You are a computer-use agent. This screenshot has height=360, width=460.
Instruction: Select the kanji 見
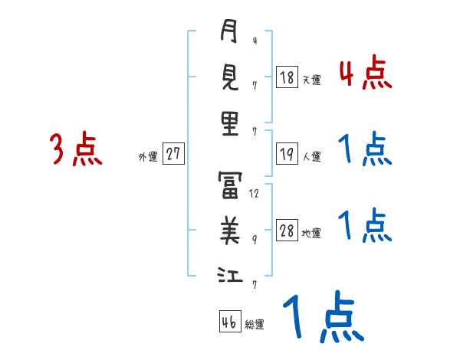tap(230, 77)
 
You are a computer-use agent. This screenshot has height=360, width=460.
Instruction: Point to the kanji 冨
tap(230, 183)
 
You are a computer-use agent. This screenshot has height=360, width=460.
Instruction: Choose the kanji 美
tap(230, 227)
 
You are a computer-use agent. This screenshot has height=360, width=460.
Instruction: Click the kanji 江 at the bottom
tap(230, 273)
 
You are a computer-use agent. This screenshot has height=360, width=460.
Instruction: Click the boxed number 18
tap(287, 77)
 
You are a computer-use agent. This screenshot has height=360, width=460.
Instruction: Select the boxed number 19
tap(287, 155)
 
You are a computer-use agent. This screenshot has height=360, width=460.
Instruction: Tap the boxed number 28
tap(287, 231)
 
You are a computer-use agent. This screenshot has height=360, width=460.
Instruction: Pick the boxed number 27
tap(173, 155)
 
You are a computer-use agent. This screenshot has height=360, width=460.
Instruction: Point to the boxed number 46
tap(228, 322)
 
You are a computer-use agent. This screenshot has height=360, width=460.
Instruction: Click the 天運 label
tap(311, 80)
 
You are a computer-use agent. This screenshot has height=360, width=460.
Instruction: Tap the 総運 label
tap(254, 325)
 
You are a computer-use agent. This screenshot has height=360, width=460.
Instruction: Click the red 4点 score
tap(365, 74)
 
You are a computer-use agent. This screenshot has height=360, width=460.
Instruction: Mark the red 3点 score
tap(76, 149)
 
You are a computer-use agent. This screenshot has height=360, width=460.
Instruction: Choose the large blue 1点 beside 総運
tap(321, 317)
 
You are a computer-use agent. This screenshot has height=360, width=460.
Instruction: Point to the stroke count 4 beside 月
tap(255, 41)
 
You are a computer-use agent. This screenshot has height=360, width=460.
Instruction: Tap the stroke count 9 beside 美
tap(255, 239)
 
